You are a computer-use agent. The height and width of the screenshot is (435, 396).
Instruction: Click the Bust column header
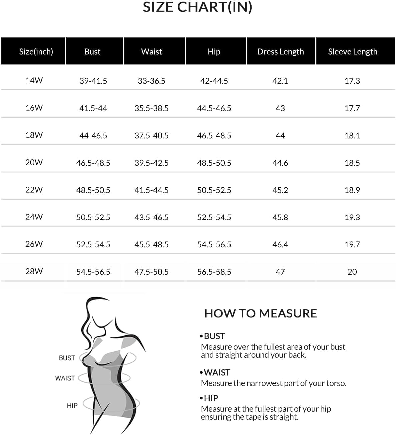click(x=92, y=52)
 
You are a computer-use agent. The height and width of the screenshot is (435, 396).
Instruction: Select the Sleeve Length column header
click(x=352, y=52)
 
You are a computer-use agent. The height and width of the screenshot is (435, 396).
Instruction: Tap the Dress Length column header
click(x=280, y=52)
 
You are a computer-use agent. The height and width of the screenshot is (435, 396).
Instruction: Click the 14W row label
click(x=34, y=80)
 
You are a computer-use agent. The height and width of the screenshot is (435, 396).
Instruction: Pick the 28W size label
click(x=34, y=271)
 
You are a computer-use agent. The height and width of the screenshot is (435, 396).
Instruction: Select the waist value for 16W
click(x=151, y=108)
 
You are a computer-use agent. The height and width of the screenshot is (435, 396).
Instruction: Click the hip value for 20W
click(x=214, y=163)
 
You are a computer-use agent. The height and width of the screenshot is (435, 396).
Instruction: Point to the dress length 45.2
click(x=280, y=190)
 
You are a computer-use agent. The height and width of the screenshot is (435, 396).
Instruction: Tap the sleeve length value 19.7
click(x=352, y=245)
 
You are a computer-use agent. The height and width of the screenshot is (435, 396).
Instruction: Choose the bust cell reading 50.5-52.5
click(x=93, y=217)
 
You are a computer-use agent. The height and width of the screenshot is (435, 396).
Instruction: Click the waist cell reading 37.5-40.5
click(x=151, y=136)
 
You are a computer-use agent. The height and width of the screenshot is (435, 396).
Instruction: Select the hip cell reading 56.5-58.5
click(x=214, y=272)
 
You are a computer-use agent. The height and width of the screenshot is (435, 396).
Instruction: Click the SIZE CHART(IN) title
click(x=197, y=7)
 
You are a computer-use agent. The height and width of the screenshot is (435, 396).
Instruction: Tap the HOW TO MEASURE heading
click(x=260, y=313)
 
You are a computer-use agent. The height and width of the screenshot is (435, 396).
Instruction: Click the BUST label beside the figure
click(x=67, y=358)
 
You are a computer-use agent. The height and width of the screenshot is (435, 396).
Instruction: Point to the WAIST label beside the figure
click(x=65, y=378)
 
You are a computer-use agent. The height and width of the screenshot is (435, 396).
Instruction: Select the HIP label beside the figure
click(x=72, y=406)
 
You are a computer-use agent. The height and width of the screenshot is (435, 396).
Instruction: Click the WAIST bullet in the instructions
click(x=217, y=372)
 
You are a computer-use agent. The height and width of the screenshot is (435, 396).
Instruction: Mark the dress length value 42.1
click(x=280, y=81)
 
